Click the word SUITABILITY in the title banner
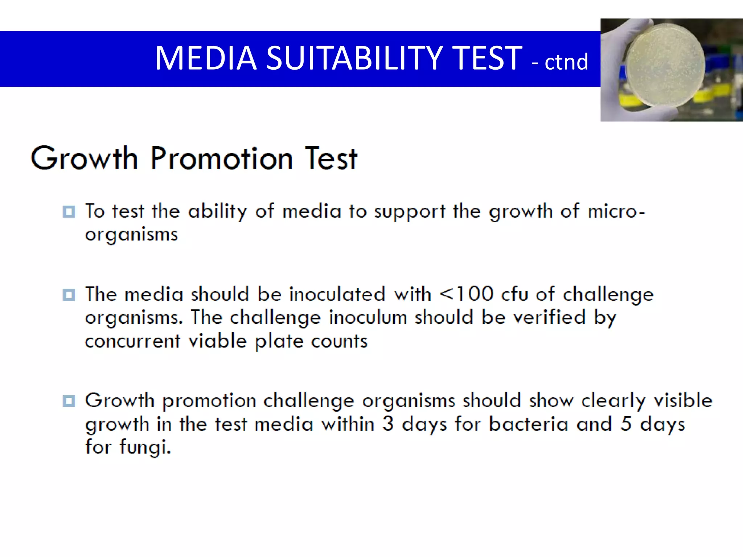pyautogui.click(x=354, y=58)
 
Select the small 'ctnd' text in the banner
pyautogui.click(x=566, y=62)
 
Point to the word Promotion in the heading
pyautogui.click(x=222, y=158)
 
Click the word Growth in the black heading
pyautogui.click(x=84, y=158)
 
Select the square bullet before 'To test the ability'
pyautogui.click(x=69, y=211)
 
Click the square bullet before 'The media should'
pyautogui.click(x=69, y=294)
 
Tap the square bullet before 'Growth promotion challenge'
pyautogui.click(x=69, y=401)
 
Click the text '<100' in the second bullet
pyautogui.click(x=467, y=294)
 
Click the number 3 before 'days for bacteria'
pyautogui.click(x=388, y=424)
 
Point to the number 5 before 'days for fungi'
pyautogui.click(x=626, y=424)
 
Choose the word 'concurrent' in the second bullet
pyautogui.click(x=132, y=341)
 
